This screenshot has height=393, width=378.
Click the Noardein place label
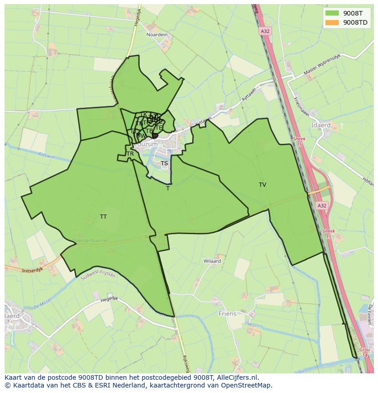pos(157,35)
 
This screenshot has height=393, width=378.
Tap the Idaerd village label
pos(320,125)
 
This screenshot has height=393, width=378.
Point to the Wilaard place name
pos(212,261)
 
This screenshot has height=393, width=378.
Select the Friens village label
pos(227,314)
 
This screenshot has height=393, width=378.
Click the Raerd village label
pos(12,315)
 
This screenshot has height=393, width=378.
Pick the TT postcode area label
pos(103,217)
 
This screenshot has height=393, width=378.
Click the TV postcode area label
pos(262,185)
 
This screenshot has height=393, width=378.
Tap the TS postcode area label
pos(164,163)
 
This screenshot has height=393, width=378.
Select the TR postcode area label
pos(130,154)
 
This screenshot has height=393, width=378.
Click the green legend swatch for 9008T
pos(332,13)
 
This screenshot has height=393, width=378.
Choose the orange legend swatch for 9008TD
pos(332,22)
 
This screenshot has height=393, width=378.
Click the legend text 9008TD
pos(355,22)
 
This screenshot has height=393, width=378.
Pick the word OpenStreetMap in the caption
pos(245,385)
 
